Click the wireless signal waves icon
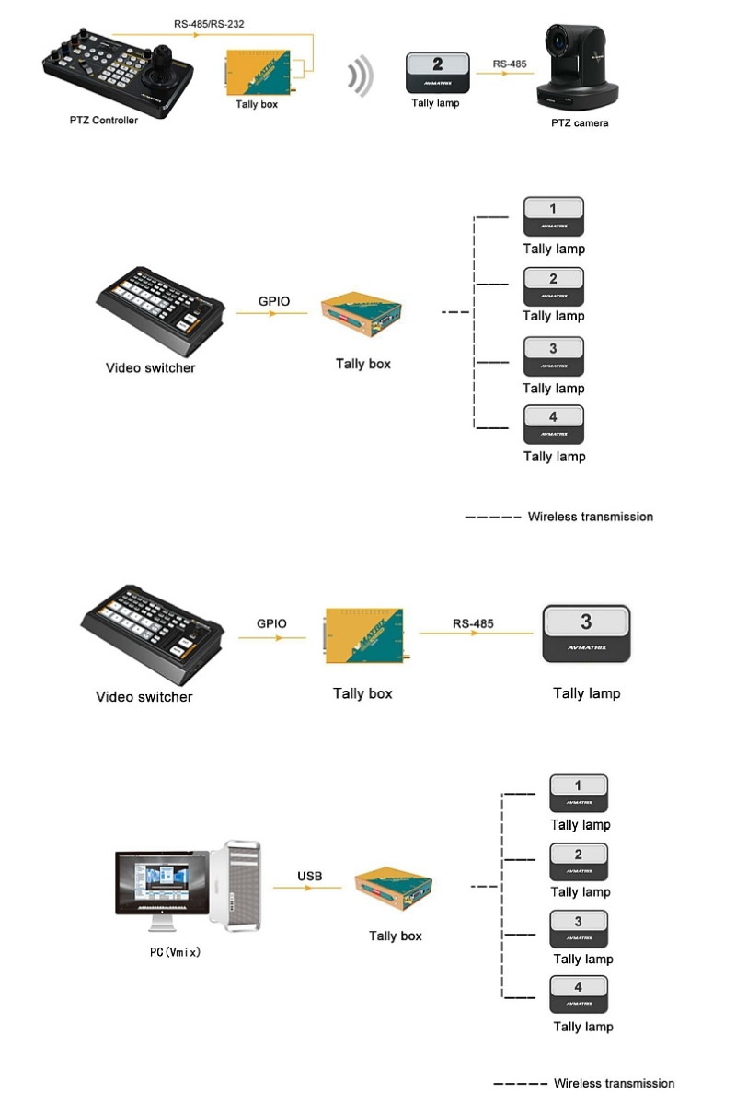(360, 76)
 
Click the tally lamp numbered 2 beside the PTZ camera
(439, 72)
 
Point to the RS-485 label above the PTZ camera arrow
(510, 64)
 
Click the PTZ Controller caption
(103, 120)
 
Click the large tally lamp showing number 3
(586, 633)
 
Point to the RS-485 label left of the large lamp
(473, 623)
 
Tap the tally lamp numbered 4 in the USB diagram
(578, 994)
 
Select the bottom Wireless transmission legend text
(614, 1083)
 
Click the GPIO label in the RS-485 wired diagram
(271, 623)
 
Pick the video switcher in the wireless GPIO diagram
(162, 314)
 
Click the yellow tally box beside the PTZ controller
(261, 73)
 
